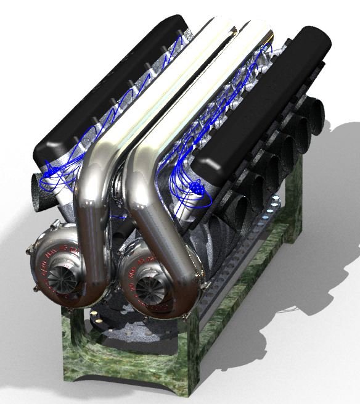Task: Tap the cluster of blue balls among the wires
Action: click(x=196, y=188)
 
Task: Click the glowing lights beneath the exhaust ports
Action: click(x=271, y=213)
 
